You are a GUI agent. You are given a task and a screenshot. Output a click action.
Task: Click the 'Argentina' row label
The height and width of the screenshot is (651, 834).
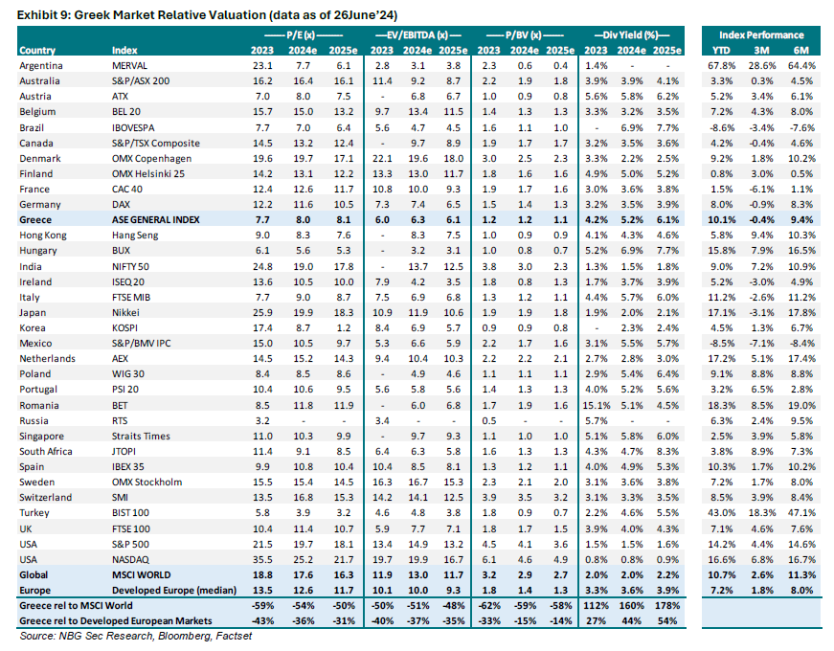41,65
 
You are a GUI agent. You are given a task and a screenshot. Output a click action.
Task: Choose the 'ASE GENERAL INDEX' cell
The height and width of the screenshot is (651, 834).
159,219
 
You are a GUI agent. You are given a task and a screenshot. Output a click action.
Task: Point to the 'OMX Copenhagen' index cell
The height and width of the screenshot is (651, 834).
151,157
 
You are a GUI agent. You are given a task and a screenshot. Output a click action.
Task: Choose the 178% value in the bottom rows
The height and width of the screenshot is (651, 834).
669,606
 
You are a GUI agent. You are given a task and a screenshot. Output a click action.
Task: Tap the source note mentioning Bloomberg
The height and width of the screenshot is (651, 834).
128,637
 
